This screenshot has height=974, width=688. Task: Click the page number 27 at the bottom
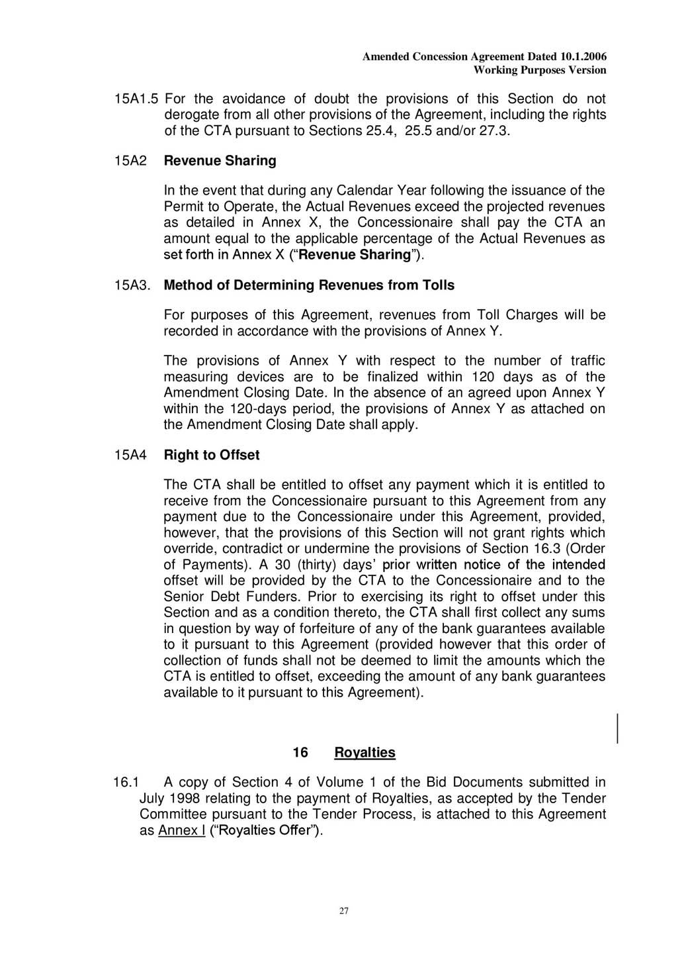[x=343, y=911]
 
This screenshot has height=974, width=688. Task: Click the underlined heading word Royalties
[x=365, y=753]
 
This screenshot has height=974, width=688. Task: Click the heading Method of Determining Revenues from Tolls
[x=309, y=285]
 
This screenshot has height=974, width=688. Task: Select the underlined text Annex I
[x=181, y=831]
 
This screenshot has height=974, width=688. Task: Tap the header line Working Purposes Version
[x=540, y=70]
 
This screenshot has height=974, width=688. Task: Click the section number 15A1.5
[x=136, y=99]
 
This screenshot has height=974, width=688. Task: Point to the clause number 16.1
[x=124, y=783]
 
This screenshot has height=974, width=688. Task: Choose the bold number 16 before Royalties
[x=300, y=753]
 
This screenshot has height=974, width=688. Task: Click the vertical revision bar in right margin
[x=618, y=728]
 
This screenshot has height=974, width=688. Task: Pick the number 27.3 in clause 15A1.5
[x=493, y=131]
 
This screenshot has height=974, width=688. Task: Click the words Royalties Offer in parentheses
[x=266, y=831]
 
